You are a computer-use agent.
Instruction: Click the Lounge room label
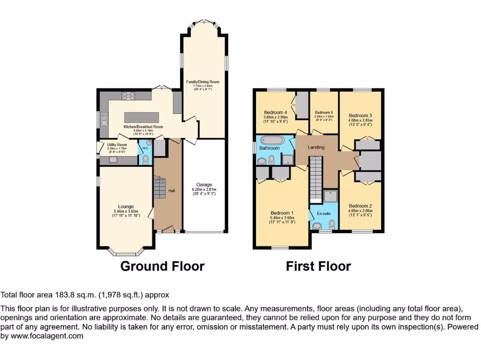coord(126,206)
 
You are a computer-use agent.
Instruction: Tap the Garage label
coord(204,185)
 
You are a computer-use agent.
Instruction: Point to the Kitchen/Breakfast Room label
coord(143,127)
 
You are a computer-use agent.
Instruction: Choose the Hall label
coord(172,190)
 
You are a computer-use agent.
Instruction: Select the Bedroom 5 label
coord(324,113)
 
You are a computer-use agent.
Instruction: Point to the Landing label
coord(316,147)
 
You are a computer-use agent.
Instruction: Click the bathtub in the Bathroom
coord(270,140)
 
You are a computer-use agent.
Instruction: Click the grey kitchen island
coord(143,117)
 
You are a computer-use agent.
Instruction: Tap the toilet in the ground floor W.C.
coord(145,160)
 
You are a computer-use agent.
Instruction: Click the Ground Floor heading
coord(162,266)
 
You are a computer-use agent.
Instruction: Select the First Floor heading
coord(318,266)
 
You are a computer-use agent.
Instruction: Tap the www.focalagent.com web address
coord(46,336)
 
